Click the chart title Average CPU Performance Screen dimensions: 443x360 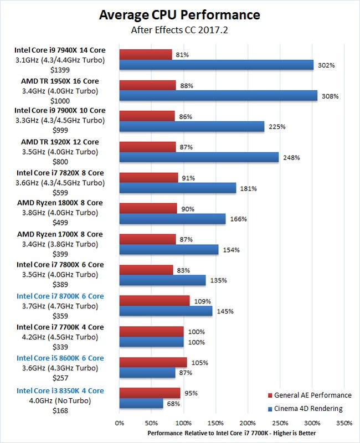click(x=179, y=15)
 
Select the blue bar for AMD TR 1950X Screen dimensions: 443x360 click(x=218, y=96)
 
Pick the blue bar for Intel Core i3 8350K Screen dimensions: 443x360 click(x=141, y=404)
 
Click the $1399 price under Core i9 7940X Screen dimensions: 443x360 click(x=60, y=71)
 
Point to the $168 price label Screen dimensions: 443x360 click(x=60, y=411)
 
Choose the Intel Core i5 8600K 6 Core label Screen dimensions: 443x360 click(x=60, y=358)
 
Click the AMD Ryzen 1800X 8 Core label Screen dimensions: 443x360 click(x=60, y=203)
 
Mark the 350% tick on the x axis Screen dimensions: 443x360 click(x=344, y=422)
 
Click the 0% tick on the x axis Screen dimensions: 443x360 click(x=119, y=422)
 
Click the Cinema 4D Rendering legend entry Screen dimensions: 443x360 click(x=308, y=409)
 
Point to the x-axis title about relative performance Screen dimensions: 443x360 click(x=232, y=432)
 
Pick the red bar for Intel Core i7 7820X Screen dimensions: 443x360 click(x=148, y=177)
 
